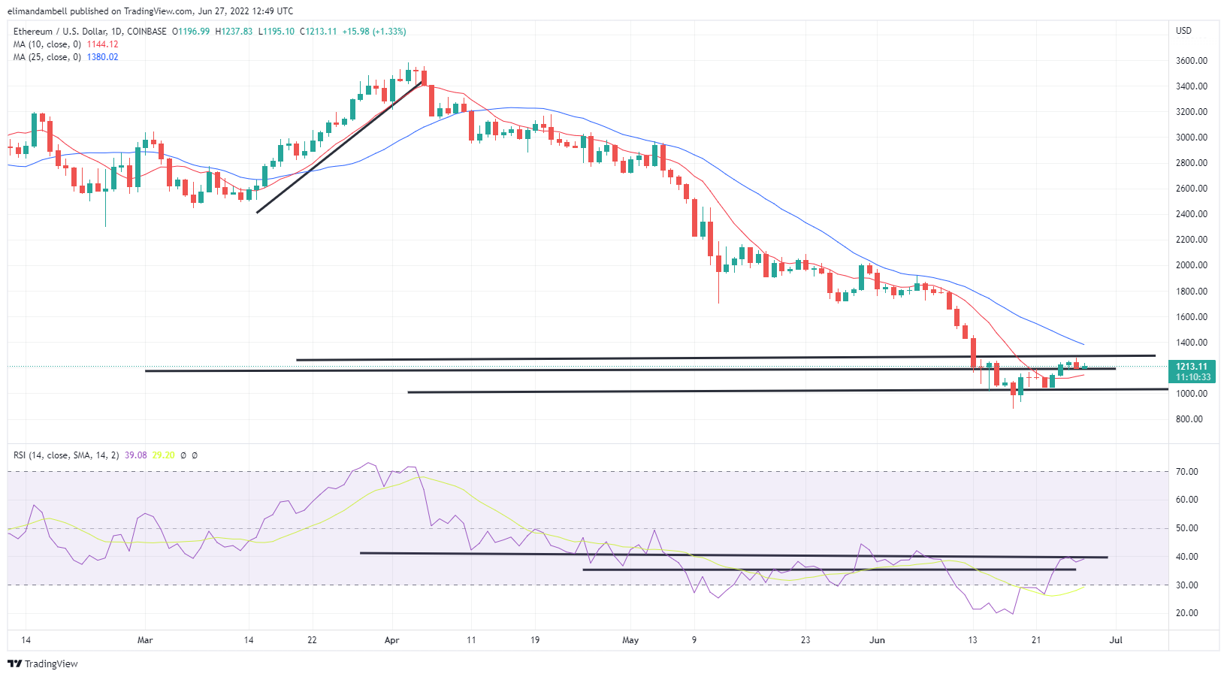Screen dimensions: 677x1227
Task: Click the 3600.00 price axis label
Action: (x=1191, y=60)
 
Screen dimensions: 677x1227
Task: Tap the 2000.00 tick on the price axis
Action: (x=1191, y=265)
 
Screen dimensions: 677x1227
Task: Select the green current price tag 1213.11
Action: (x=1192, y=367)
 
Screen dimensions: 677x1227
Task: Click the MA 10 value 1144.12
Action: (x=102, y=44)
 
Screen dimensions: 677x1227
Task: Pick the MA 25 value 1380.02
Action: (x=102, y=57)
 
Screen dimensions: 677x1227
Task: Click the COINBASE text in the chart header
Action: (x=147, y=32)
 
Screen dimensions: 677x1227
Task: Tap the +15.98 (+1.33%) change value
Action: (x=373, y=32)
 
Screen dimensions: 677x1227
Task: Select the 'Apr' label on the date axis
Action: (x=391, y=640)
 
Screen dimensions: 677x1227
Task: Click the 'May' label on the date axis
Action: (x=630, y=640)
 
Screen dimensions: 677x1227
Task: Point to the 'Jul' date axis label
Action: (x=1116, y=640)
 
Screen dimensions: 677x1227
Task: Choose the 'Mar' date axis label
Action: (x=145, y=640)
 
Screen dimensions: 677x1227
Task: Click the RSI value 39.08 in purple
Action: (x=135, y=455)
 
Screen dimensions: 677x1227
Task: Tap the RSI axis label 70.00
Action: (x=1187, y=472)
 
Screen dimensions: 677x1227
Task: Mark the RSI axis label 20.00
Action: (x=1187, y=613)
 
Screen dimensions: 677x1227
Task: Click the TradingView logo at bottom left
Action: (x=43, y=663)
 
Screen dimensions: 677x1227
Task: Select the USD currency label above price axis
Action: (x=1183, y=31)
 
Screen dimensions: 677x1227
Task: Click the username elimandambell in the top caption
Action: (x=38, y=11)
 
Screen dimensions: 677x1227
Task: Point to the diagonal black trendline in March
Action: (x=338, y=147)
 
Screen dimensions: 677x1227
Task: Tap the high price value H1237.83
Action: (x=234, y=32)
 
